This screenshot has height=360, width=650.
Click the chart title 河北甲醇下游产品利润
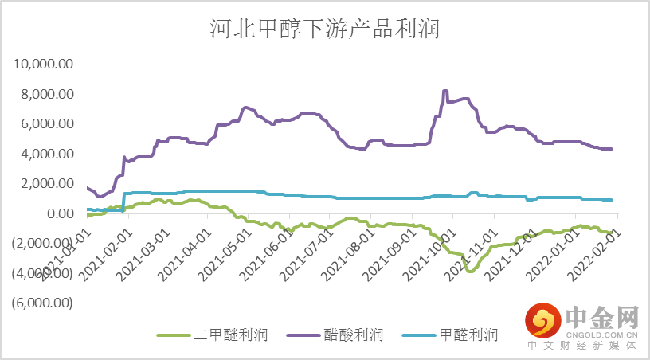[x=324, y=30]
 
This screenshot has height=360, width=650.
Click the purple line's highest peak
[x=445, y=91]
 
